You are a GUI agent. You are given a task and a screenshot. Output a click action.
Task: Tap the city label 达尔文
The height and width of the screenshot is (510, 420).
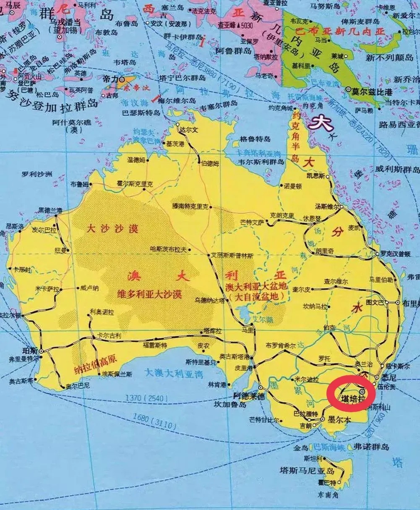[188, 130]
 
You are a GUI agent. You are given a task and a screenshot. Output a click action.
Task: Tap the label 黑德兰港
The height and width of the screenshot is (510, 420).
[50, 210]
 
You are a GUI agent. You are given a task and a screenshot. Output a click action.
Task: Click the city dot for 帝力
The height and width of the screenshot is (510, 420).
[122, 78]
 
